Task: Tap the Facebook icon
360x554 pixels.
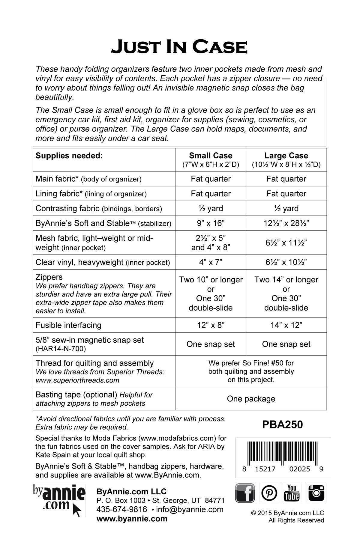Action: (x=245, y=493)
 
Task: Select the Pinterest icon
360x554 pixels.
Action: (x=269, y=493)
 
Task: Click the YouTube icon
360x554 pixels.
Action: (x=292, y=493)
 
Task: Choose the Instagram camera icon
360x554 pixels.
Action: (x=316, y=493)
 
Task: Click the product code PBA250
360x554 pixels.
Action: (x=282, y=424)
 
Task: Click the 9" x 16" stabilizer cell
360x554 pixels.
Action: (x=211, y=223)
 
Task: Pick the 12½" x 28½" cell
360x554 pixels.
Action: (x=286, y=223)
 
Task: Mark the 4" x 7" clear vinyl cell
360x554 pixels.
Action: (x=211, y=262)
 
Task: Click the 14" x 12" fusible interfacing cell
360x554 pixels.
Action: (x=286, y=325)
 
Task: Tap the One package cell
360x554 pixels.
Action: (x=251, y=399)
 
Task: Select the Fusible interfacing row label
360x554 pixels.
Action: (x=68, y=325)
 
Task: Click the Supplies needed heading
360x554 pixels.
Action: (x=69, y=156)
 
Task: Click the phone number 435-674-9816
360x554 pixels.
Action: (x=122, y=510)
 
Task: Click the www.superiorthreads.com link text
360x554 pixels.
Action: (x=77, y=380)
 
